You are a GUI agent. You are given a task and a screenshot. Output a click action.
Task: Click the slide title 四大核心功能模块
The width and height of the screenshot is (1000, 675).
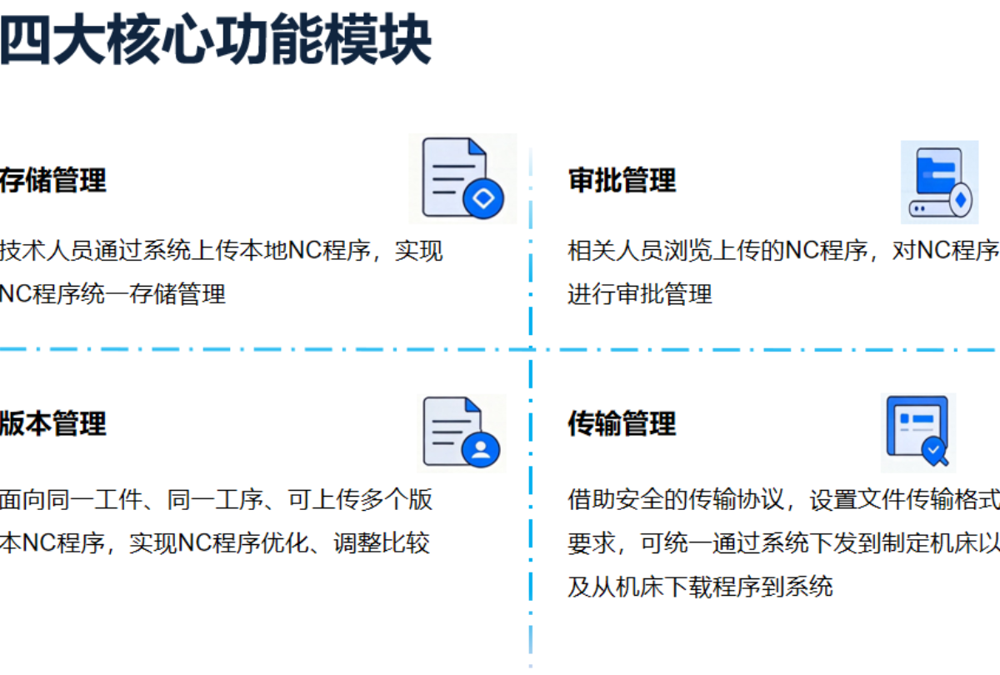[x=215, y=39]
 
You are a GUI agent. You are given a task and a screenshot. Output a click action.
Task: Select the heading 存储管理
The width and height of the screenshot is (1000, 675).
[x=52, y=180]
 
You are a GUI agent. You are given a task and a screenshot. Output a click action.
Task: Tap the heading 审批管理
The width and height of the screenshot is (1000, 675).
[x=622, y=180]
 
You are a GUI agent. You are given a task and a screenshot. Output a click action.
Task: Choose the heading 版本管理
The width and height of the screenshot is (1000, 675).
[x=52, y=423]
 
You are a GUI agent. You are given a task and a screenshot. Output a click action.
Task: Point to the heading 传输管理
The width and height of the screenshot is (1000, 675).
[x=622, y=423]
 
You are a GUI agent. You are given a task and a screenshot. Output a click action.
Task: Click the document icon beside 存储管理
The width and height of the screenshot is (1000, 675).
[x=462, y=178]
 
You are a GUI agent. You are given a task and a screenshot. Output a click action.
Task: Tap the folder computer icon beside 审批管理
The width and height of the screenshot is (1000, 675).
[x=940, y=182]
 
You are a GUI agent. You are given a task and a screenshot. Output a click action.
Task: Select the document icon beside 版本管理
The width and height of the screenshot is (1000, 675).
[x=461, y=432]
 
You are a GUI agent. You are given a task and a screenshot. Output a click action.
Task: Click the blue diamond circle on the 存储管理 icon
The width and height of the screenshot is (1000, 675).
[x=483, y=198]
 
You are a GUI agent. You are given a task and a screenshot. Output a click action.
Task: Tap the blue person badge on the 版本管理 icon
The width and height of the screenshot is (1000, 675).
[x=481, y=449]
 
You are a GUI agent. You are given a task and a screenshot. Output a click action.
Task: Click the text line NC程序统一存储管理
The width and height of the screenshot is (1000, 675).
[x=112, y=294]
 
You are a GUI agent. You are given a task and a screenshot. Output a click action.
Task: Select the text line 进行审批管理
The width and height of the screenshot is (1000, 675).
[x=640, y=294]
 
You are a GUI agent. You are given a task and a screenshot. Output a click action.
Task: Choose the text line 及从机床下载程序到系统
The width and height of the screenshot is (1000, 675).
[x=701, y=587]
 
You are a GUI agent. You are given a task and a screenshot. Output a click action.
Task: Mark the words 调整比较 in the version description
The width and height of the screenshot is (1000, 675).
[x=382, y=543]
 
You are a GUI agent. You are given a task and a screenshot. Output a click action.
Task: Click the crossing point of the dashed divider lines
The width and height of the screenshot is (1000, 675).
[x=530, y=349]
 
